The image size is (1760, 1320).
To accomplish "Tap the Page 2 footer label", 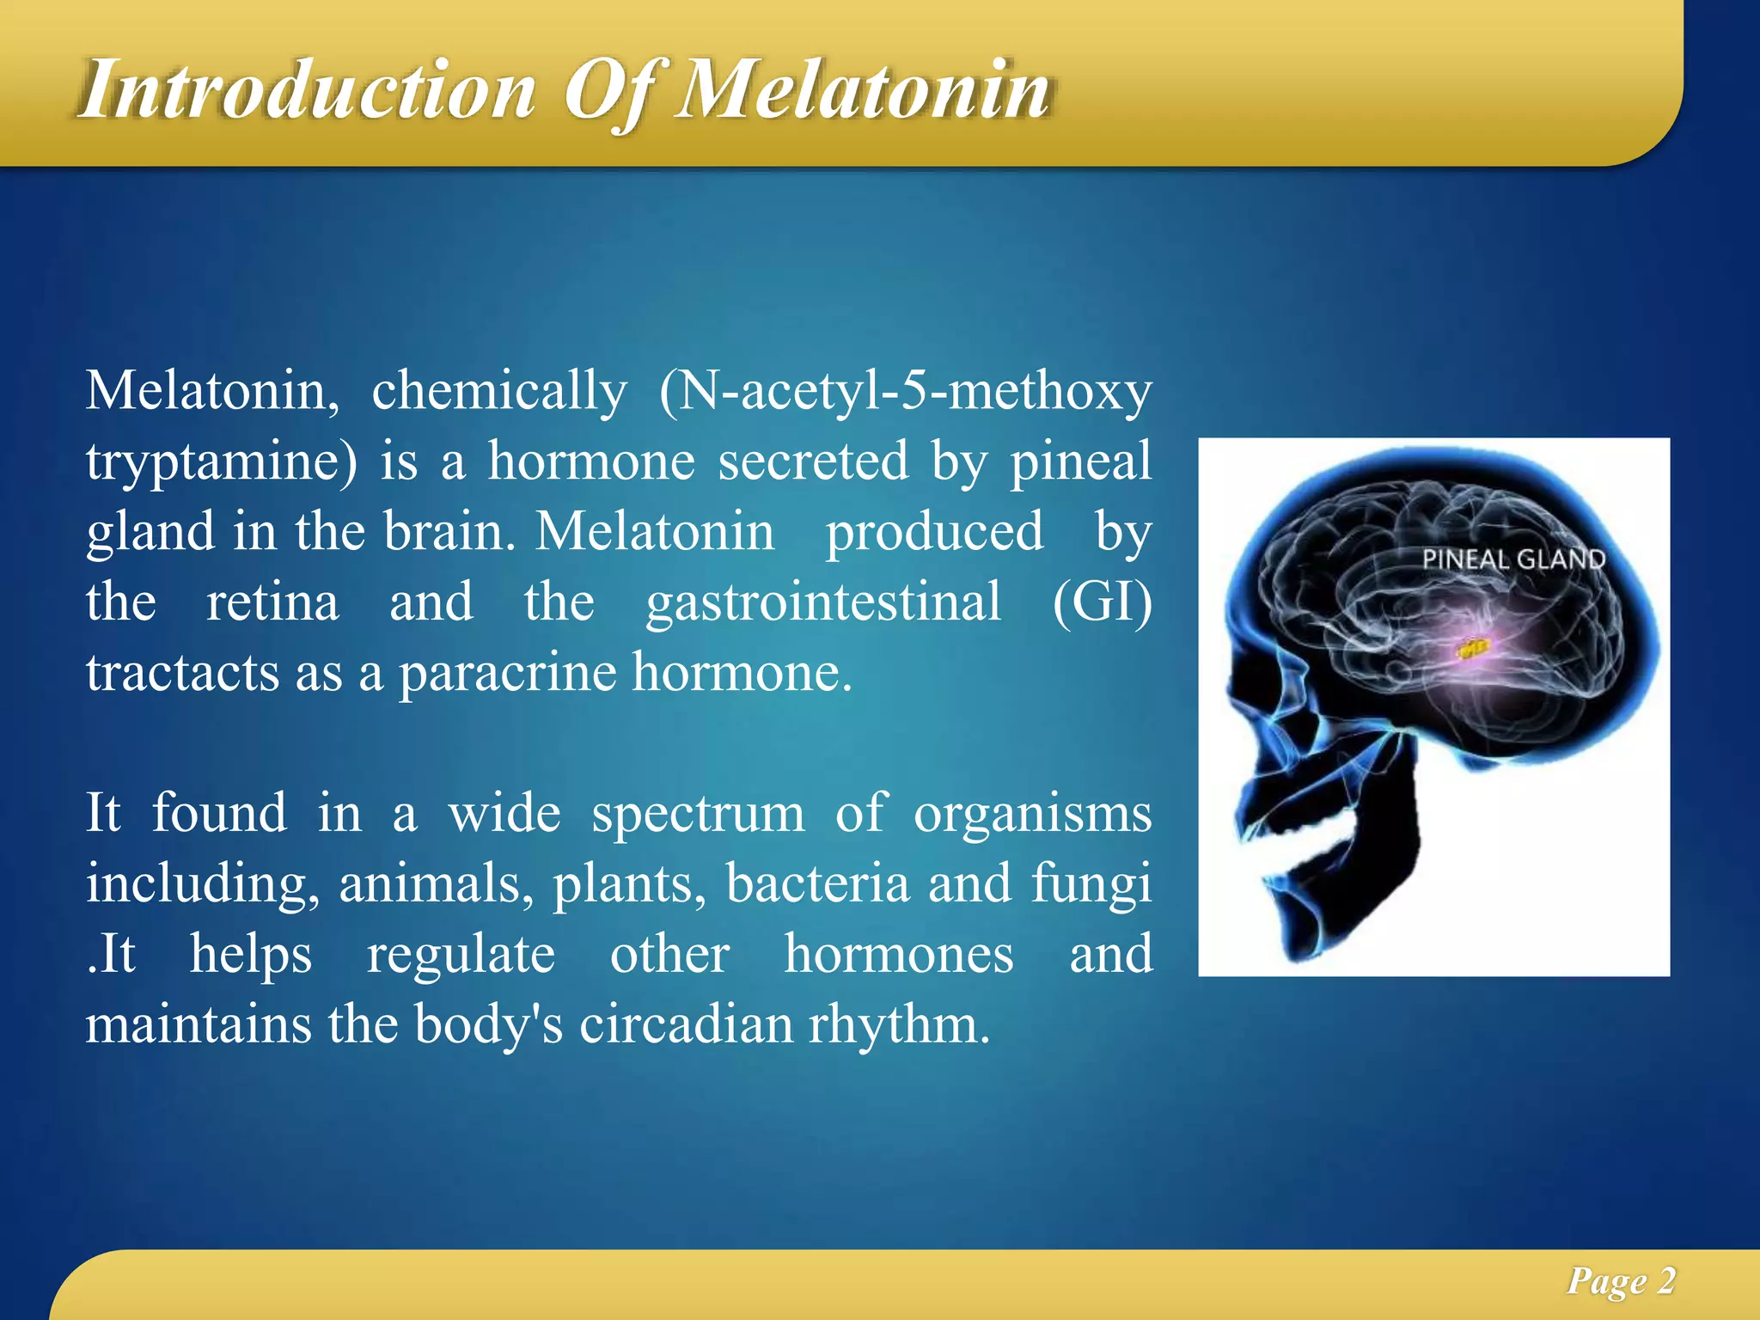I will tap(1621, 1280).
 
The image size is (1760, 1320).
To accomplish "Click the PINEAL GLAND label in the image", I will tap(1513, 559).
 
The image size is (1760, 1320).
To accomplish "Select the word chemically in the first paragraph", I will tap(499, 391).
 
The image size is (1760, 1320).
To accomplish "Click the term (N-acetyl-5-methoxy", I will tap(905, 391).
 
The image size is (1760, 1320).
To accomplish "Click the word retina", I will tap(272, 602).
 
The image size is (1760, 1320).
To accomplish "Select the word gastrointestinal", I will tap(823, 602).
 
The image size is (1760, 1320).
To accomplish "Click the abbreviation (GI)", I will tap(1103, 602).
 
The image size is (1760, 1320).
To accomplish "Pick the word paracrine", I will tap(507, 672).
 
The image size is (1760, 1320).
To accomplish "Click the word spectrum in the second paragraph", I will tap(698, 813).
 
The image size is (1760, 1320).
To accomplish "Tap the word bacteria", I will tap(817, 883).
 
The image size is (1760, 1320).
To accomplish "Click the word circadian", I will tap(686, 1024).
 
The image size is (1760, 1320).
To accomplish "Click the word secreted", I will tap(813, 461).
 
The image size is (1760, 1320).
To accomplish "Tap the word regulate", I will tap(461, 954).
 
